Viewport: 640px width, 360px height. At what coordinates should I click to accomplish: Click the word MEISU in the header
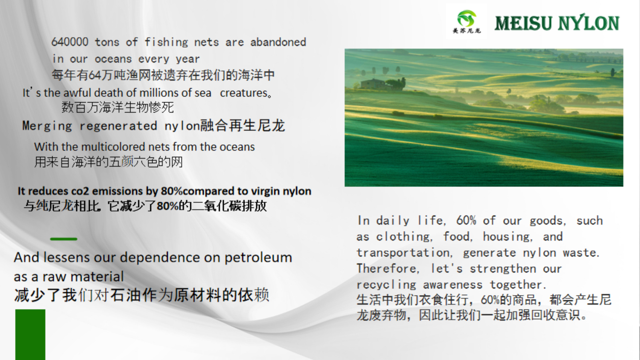tap(523, 23)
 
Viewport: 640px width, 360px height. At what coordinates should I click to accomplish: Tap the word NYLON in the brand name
tap(589, 23)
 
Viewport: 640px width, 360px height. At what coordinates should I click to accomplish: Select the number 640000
tap(70, 42)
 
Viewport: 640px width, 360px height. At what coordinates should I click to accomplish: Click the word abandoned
tap(278, 42)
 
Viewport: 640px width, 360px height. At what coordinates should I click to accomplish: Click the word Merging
tap(47, 126)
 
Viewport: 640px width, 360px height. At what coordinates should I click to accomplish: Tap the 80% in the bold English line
tap(171, 191)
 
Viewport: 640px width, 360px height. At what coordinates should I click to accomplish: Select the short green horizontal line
tap(63, 239)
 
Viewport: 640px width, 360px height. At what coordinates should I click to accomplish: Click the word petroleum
tap(258, 257)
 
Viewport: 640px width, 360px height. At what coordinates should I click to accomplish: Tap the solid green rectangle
tap(30, 334)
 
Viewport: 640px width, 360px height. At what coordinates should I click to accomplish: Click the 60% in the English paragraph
tap(466, 221)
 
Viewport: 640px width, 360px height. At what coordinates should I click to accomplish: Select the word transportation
tap(404, 253)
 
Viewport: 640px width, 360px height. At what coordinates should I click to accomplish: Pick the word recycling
tap(386, 285)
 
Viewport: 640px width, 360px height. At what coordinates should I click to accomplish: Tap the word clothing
tap(404, 237)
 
